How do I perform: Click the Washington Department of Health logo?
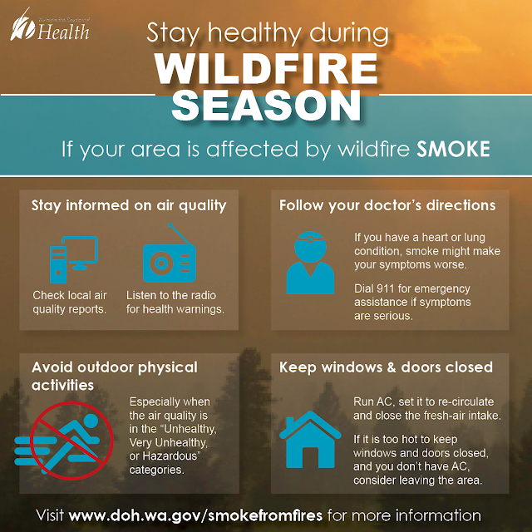point(49,29)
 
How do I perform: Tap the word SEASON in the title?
point(266,106)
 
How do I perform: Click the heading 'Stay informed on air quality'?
point(129,204)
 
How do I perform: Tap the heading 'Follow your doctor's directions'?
point(387,204)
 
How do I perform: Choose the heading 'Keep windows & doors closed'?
point(386,367)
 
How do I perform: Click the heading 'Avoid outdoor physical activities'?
point(115,375)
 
